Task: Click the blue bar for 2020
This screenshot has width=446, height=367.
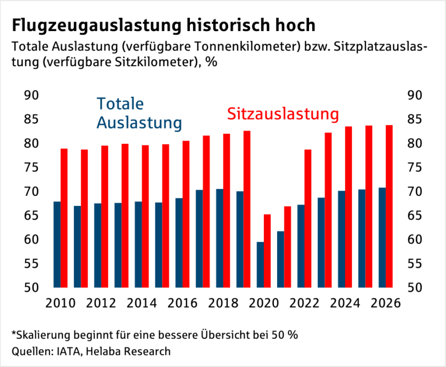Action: point(260,265)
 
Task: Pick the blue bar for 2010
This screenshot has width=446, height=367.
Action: point(57,245)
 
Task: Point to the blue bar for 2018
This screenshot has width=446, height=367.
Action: point(220,238)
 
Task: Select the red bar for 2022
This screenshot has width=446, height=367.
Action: point(308,218)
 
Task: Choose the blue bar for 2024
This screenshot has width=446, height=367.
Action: point(342,239)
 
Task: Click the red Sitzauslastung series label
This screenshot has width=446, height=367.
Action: point(283,114)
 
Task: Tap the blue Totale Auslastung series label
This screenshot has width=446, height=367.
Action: point(139,113)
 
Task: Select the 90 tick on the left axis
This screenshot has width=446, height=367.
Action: point(32,95)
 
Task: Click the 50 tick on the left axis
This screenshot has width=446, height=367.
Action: point(32,288)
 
